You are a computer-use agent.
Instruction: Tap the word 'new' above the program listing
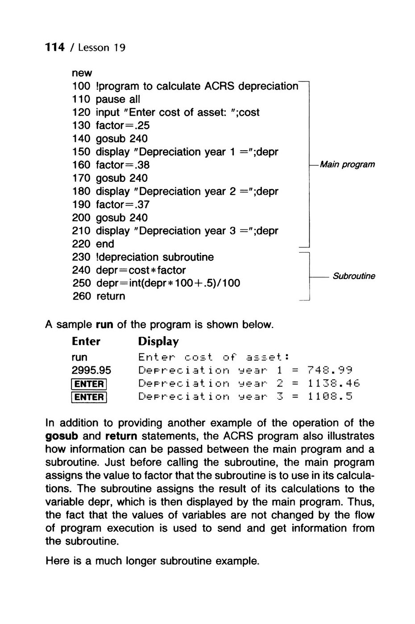tap(82, 73)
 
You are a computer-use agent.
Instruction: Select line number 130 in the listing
tap(81, 126)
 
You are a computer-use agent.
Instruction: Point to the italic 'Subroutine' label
tap(354, 276)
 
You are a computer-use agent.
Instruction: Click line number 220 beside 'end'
tap(81, 244)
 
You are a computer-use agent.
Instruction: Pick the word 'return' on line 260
tap(111, 296)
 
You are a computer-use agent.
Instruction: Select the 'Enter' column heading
tap(86, 341)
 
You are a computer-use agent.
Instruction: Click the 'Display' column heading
tap(158, 341)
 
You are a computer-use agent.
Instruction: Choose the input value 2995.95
tap(91, 370)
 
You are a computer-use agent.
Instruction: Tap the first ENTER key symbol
tap(89, 384)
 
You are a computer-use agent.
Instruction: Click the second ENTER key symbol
tap(89, 397)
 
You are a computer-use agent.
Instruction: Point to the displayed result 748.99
tap(330, 370)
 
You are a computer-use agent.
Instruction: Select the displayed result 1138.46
tap(333, 383)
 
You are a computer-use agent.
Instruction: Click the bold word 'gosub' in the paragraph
tap(60, 435)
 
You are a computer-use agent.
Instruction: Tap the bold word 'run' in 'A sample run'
tap(104, 324)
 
